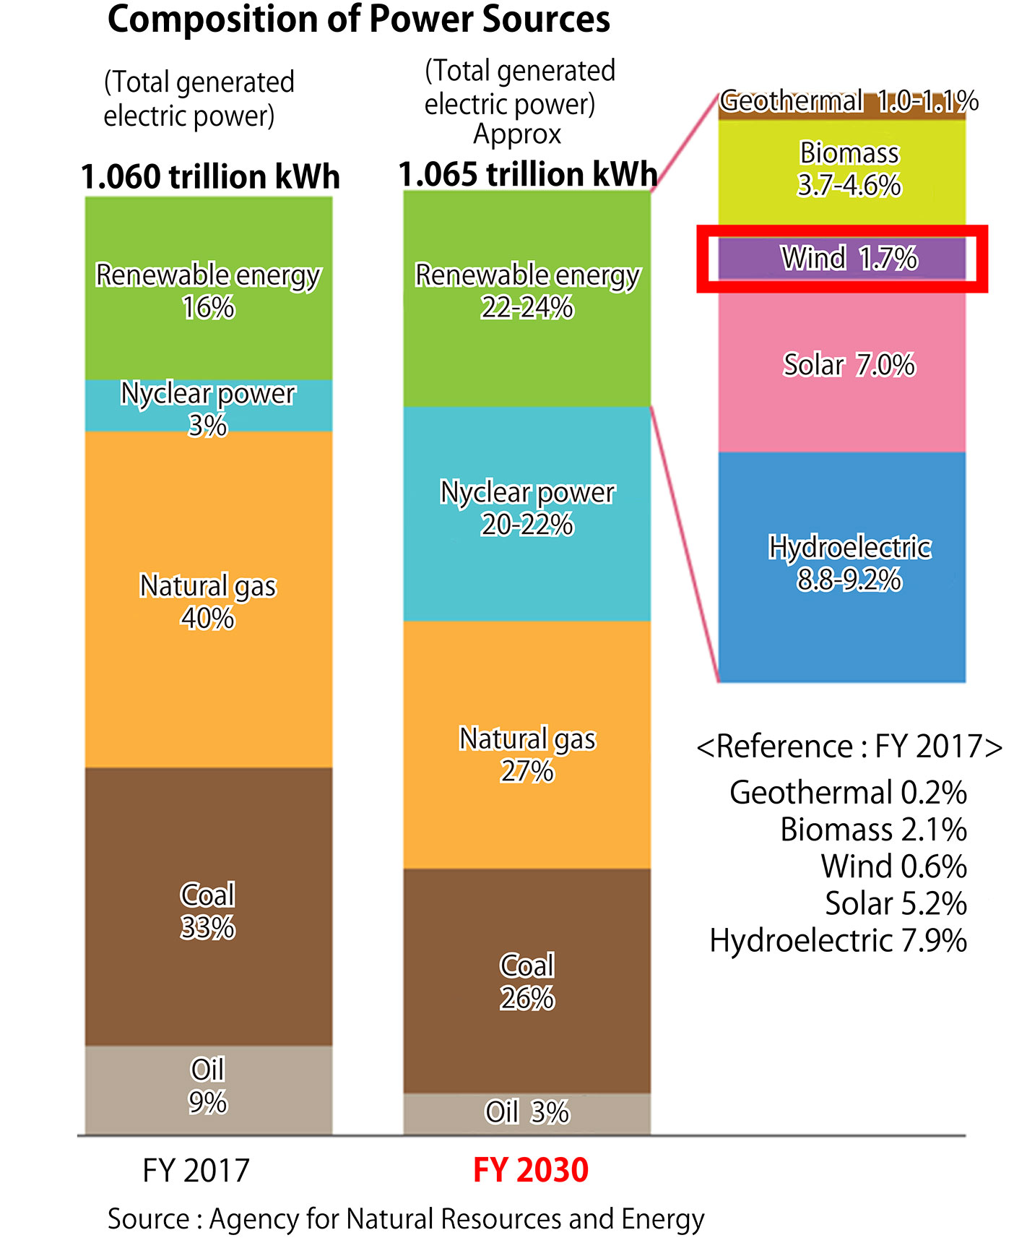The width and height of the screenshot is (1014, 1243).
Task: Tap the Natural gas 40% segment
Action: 208,600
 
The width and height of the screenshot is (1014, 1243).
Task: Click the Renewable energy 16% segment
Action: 208,289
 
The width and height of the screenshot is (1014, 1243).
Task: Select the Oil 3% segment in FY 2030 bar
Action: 526,1113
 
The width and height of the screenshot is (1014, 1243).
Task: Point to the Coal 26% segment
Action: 526,981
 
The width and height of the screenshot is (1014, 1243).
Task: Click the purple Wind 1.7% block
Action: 842,259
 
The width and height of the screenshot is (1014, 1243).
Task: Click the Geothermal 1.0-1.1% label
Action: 849,101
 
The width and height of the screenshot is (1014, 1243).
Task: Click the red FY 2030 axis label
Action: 531,1170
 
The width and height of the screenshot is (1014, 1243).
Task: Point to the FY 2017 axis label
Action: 196,1170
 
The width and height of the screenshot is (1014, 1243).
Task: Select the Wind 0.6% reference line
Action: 893,866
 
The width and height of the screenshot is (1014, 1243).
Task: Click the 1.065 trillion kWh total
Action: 527,174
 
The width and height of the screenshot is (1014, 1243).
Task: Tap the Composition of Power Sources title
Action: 359,20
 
